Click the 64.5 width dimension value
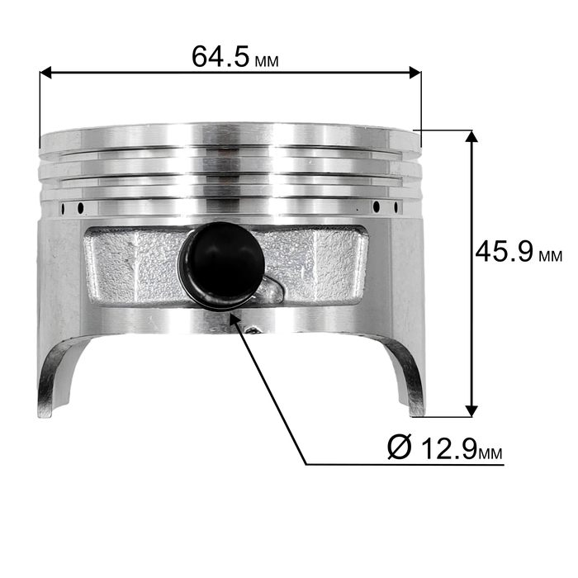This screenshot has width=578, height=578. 220,56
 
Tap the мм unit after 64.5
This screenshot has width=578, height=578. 267,61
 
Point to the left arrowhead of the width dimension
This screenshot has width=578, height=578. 45,73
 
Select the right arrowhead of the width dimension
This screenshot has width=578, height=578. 415,73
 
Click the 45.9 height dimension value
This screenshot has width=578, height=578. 505,251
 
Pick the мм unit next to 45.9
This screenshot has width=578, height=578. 551,256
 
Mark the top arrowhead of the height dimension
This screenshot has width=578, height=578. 471,136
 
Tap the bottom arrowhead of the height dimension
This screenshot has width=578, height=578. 471,411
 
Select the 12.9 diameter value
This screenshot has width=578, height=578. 449,448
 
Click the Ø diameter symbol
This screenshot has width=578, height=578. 399,448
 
